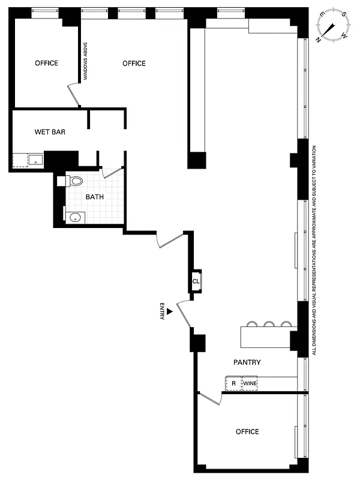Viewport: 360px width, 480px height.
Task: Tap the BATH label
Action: pyautogui.click(x=94, y=197)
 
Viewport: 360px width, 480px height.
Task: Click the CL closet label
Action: pyautogui.click(x=196, y=281)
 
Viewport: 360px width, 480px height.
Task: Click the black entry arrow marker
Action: pyautogui.click(x=170, y=311)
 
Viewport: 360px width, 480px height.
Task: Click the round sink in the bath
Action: pyautogui.click(x=75, y=218)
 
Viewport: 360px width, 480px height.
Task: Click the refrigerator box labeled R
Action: pyautogui.click(x=233, y=383)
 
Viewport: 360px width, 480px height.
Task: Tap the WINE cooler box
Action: pyautogui.click(x=250, y=383)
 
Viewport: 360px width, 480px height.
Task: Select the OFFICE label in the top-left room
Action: pyautogui.click(x=46, y=63)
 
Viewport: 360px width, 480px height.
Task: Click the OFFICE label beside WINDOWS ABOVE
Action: pyautogui.click(x=134, y=64)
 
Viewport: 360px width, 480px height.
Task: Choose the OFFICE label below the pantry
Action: pyautogui.click(x=247, y=431)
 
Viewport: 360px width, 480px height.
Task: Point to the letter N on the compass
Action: pyautogui.click(x=319, y=38)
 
